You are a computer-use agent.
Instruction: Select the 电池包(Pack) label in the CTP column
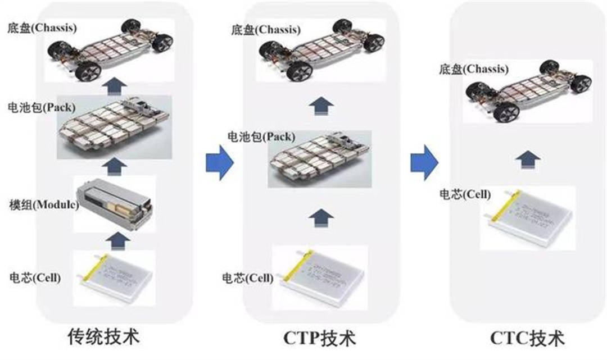(253, 136)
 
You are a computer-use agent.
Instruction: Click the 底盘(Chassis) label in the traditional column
(42, 27)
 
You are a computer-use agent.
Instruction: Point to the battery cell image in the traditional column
(115, 278)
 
